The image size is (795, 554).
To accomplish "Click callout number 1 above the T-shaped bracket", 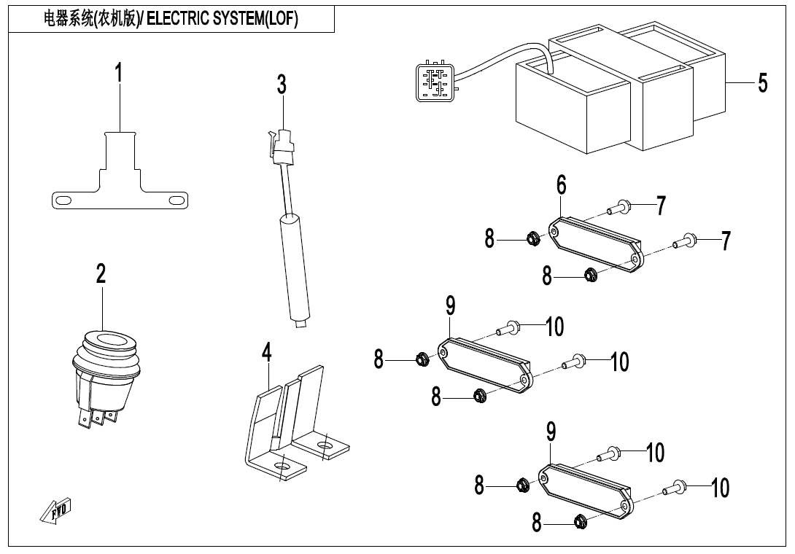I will click(119, 74).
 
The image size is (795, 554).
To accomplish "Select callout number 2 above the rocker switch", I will click(101, 273).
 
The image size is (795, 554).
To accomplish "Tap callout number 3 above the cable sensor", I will click(282, 85).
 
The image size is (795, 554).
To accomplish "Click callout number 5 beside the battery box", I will click(762, 83).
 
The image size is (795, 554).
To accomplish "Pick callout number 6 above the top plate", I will click(561, 185).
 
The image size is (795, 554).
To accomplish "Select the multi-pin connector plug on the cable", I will click(433, 81).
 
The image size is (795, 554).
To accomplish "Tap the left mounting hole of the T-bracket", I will click(63, 200).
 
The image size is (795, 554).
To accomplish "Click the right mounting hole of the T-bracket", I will click(175, 200).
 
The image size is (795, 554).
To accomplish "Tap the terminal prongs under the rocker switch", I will click(97, 418).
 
